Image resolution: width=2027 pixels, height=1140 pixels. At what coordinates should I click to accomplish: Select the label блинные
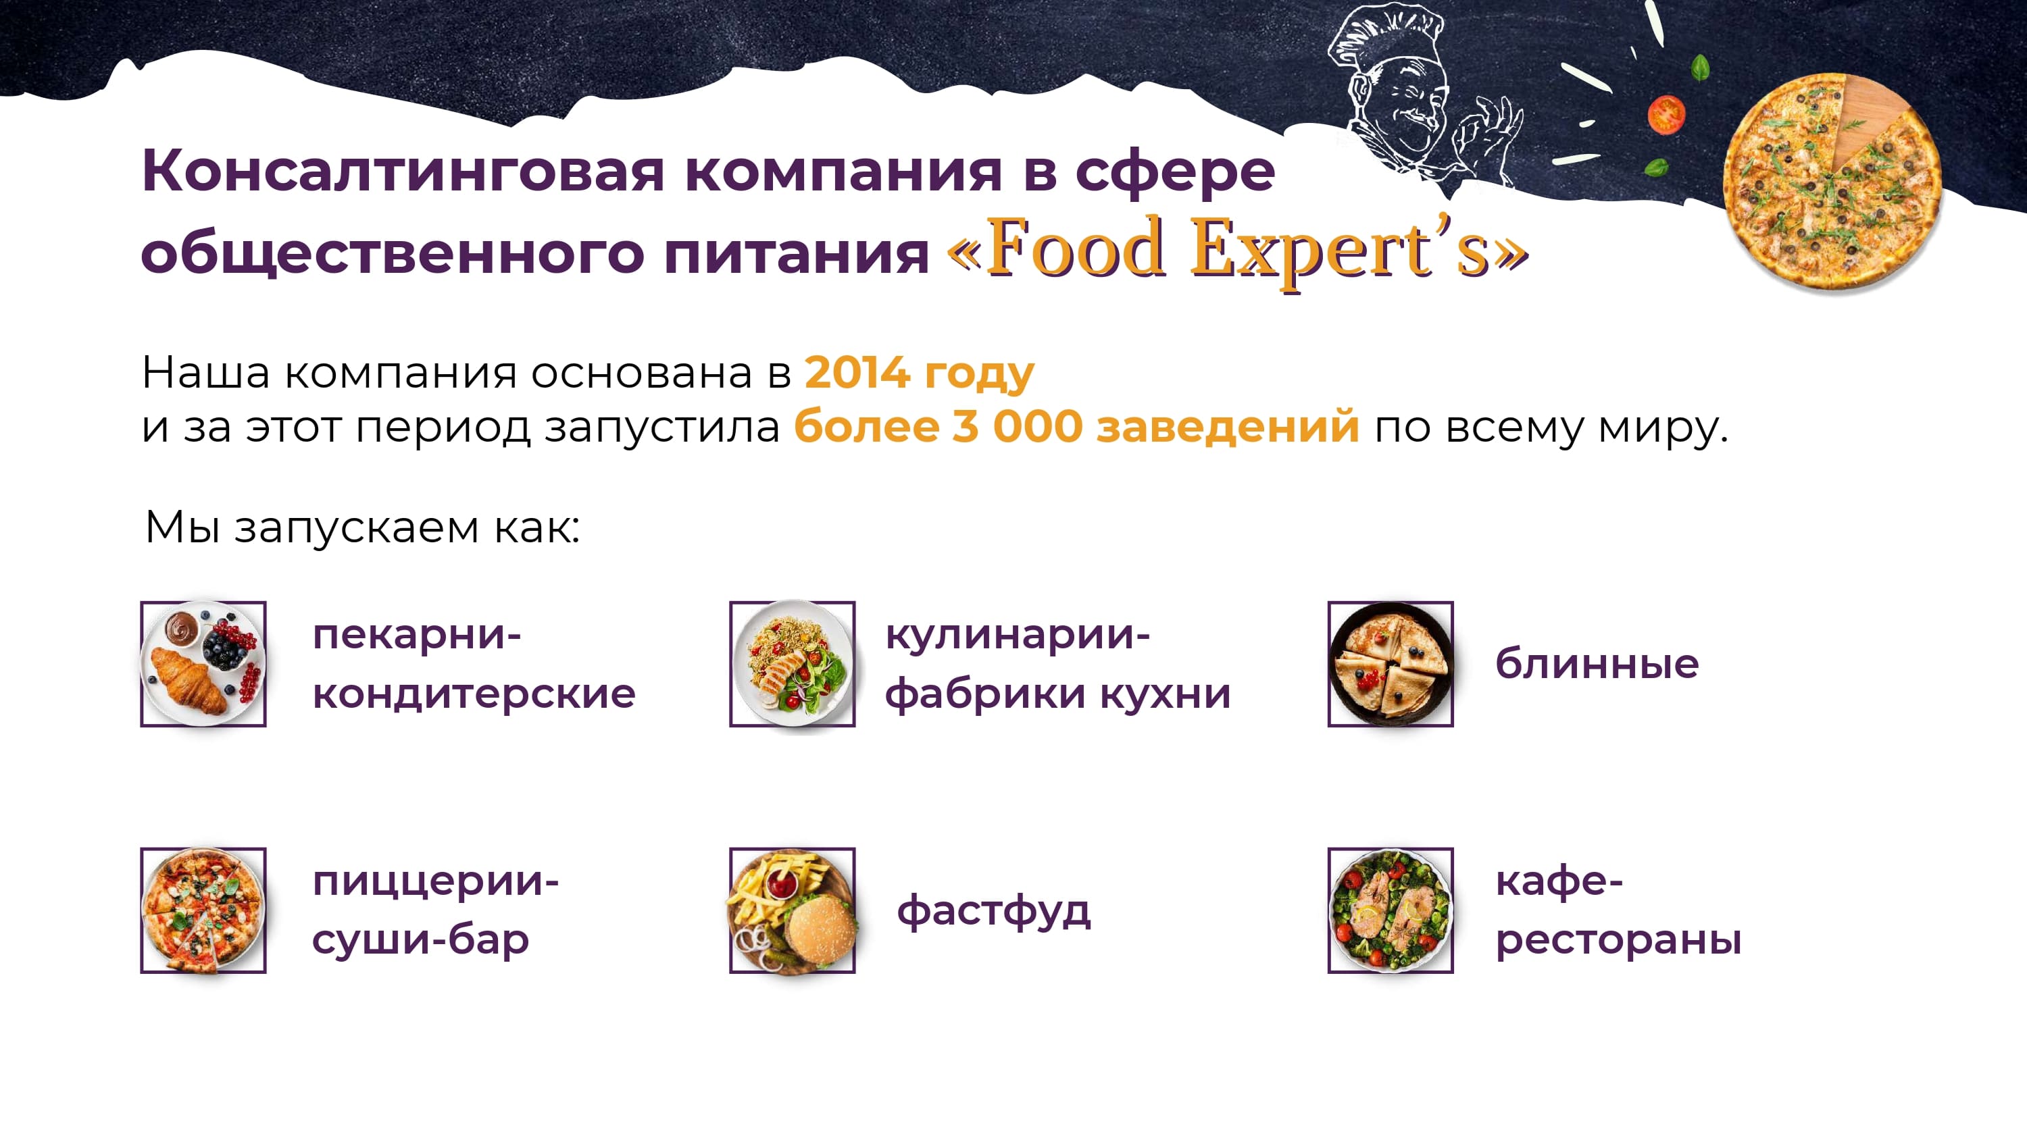click(1597, 663)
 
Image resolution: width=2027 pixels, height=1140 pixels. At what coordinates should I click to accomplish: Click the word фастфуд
click(993, 911)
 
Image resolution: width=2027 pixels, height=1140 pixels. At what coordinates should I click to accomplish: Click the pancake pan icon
click(1391, 663)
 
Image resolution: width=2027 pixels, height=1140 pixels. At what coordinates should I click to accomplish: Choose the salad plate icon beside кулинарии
click(793, 663)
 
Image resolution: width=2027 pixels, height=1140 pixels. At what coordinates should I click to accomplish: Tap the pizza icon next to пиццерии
click(203, 910)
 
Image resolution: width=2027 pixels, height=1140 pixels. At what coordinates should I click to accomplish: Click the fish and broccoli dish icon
click(1391, 910)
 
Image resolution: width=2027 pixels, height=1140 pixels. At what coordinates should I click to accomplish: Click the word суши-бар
click(420, 939)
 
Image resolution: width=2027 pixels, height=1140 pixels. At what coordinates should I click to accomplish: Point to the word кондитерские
click(474, 693)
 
